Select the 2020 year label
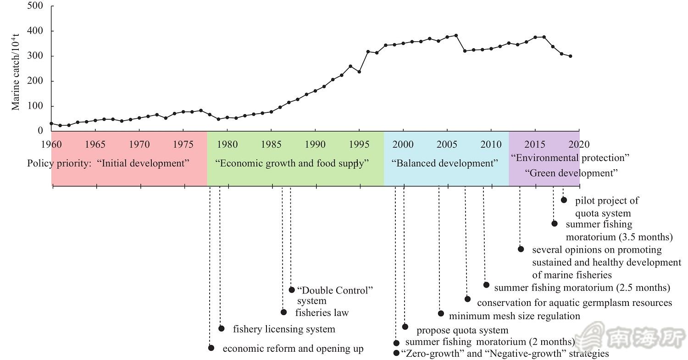(579, 144)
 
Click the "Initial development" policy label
(143, 163)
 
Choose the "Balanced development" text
(444, 163)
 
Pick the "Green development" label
(571, 173)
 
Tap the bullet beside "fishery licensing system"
(222, 328)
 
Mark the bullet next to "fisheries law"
(283, 312)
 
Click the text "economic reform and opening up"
(293, 349)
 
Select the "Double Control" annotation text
(335, 290)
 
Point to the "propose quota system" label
(462, 330)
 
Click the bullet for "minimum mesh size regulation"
(441, 313)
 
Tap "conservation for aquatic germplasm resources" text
(574, 303)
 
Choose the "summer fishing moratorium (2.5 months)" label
(582, 288)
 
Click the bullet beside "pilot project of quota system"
(564, 200)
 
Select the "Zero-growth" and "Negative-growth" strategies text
(505, 354)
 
